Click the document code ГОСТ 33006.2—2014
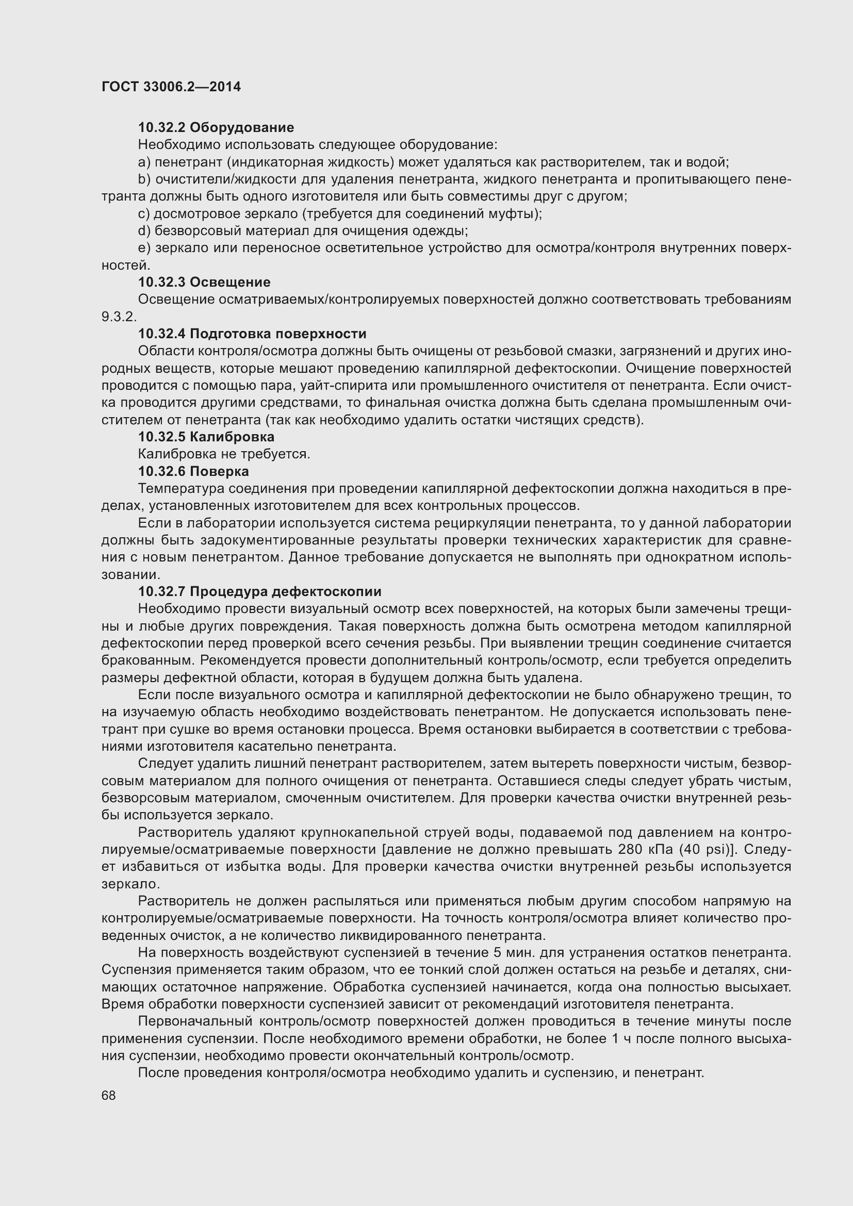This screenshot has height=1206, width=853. click(171, 87)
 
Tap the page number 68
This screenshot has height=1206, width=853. click(109, 1096)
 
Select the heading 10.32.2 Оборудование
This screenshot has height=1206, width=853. click(216, 128)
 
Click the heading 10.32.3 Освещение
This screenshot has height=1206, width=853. click(204, 282)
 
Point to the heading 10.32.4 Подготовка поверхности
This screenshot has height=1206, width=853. click(252, 334)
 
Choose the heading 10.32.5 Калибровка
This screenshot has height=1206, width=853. click(206, 437)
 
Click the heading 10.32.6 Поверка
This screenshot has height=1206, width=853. click(193, 471)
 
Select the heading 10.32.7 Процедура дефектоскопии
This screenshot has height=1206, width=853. click(259, 591)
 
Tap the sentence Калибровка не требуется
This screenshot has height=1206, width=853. click(224, 454)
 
